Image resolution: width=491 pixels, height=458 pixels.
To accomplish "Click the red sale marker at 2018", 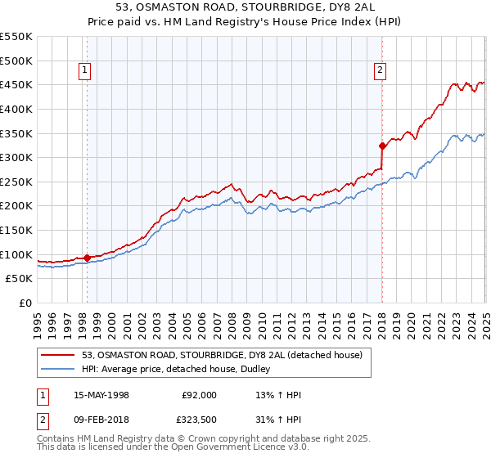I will pyautogui.click(x=382, y=146).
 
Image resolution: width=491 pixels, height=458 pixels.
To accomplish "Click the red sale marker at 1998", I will pyautogui.click(x=87, y=258).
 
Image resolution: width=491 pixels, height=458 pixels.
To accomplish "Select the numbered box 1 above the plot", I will pyautogui.click(x=86, y=71).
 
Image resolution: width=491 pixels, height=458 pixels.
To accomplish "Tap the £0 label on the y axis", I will pyautogui.click(x=25, y=303).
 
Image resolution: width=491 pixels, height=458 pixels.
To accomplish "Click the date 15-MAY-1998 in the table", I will pyautogui.click(x=101, y=395).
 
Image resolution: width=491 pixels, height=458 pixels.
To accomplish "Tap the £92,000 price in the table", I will pyautogui.click(x=199, y=395).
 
